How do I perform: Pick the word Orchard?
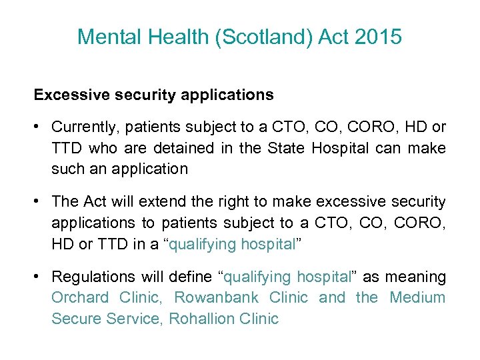pos(80,297)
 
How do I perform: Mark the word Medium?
pos(417,297)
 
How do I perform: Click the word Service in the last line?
pos(133,319)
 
